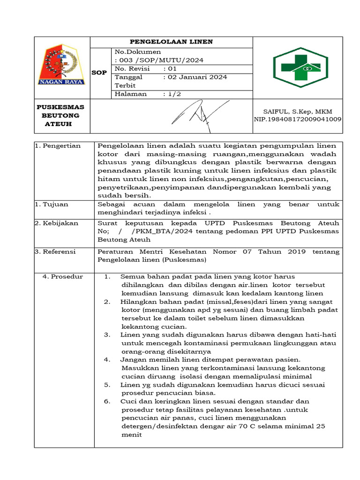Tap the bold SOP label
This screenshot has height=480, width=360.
99,73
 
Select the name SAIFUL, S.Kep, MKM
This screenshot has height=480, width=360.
298,111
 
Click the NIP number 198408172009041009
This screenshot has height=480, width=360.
297,119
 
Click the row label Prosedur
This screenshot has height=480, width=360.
63,277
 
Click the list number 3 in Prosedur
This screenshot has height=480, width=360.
107,335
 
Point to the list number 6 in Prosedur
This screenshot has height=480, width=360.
107,401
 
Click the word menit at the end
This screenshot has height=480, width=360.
131,435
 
